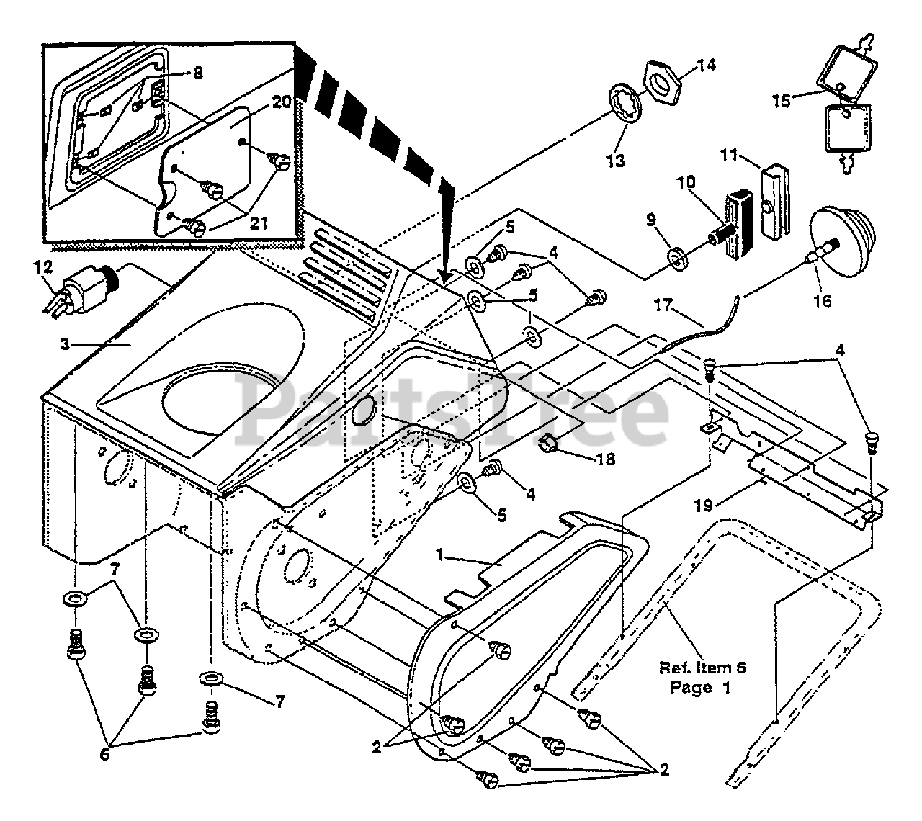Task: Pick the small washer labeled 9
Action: pos(677,256)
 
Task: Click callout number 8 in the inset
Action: pos(198,73)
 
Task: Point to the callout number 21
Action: pos(258,224)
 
